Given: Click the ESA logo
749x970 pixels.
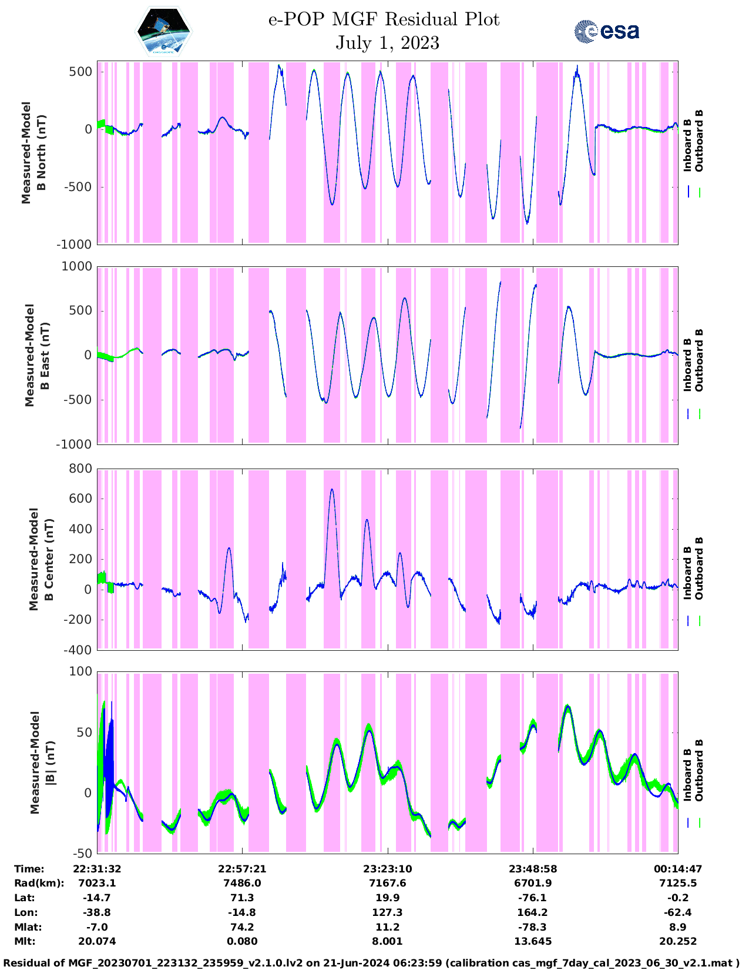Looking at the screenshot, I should (606, 31).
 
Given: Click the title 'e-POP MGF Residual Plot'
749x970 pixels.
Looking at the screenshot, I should (384, 20).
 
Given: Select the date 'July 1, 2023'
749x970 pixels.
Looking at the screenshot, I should (387, 43).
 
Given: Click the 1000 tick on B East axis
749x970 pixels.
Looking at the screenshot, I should (78, 266).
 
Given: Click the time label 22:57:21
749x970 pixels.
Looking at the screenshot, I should (242, 869).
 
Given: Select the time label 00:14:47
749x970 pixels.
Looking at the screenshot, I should (678, 869).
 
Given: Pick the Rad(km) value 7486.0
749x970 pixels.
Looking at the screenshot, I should (242, 883).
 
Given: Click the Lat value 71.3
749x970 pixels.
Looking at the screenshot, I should (242, 898).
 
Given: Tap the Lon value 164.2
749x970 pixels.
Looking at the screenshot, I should (532, 912).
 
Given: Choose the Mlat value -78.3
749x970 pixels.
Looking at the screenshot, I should (532, 927).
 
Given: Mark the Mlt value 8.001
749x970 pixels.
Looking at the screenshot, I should (387, 941).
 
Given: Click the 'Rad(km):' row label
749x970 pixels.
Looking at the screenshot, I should (39, 883).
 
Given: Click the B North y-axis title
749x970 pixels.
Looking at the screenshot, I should (33, 153).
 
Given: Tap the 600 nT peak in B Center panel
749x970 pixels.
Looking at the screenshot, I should (332, 490).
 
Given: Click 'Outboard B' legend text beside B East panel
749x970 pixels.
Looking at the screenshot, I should (699, 360).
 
